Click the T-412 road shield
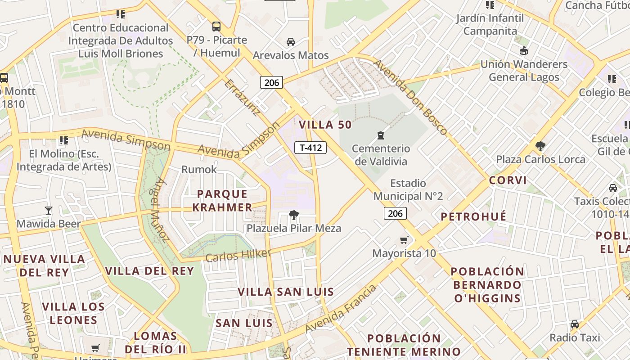(310, 147)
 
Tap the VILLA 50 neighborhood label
(325, 125)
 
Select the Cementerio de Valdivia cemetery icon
(381, 135)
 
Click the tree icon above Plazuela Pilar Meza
(294, 215)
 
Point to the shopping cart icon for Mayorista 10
(404, 240)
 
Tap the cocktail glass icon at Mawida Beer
(48, 210)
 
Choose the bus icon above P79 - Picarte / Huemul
(216, 26)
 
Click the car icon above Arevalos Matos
(291, 42)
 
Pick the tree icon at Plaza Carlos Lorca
(540, 146)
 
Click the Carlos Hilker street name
(238, 255)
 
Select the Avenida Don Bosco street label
(410, 97)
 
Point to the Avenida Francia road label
(340, 309)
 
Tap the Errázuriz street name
(242, 98)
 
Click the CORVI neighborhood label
(508, 180)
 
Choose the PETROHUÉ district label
(473, 216)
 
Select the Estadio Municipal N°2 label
(408, 189)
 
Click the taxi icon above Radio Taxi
(575, 324)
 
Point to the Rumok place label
(199, 170)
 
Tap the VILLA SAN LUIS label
(286, 292)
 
